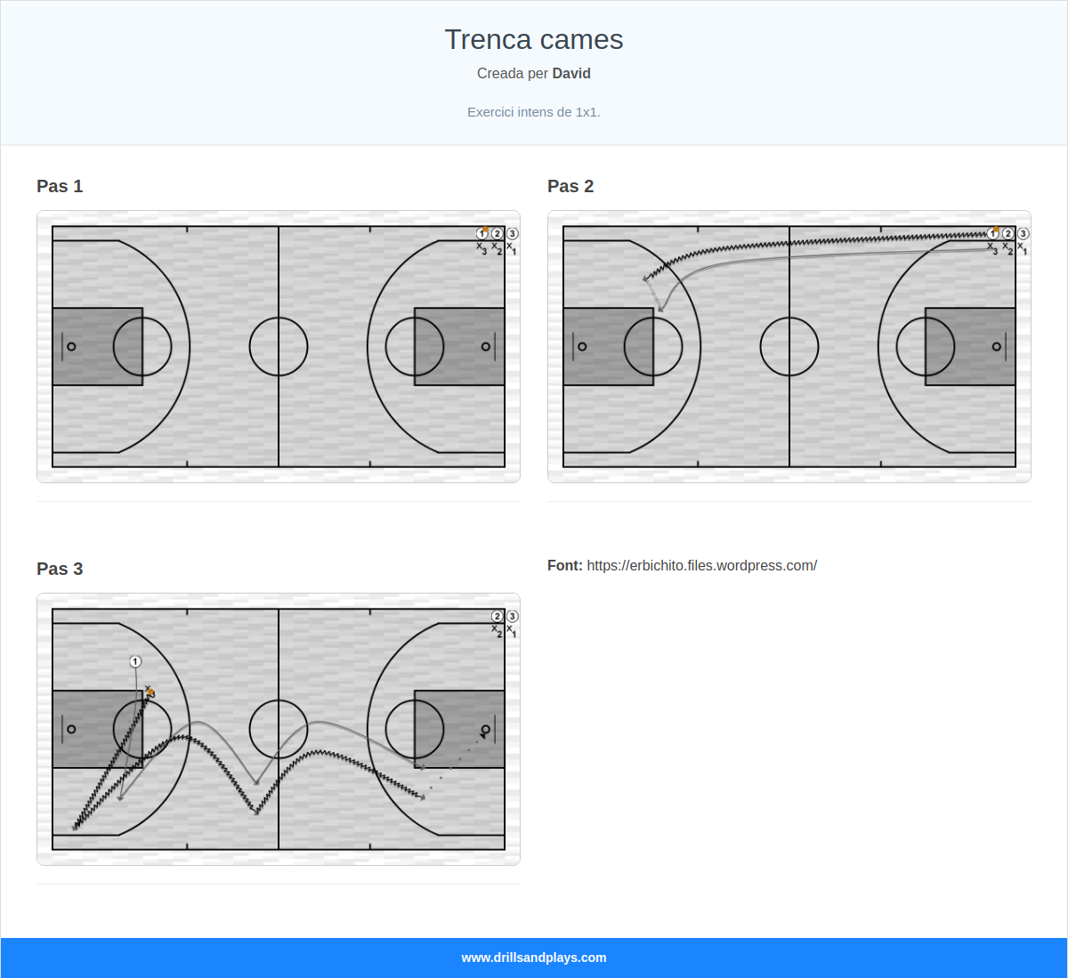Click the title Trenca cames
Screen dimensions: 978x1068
534,40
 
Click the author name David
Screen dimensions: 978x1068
571,74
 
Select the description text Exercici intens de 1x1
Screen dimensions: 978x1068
534,112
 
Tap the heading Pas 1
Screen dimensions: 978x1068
60,186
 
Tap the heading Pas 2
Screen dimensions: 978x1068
570,186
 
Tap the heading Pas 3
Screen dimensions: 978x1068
60,569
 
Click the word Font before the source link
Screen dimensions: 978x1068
564,566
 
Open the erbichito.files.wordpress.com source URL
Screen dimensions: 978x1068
701,566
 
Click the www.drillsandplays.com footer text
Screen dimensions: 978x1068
534,958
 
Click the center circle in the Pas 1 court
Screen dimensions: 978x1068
279,346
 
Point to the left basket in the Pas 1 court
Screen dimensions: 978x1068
71,346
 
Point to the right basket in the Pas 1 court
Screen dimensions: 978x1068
486,346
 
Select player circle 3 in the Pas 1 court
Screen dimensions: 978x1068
513,234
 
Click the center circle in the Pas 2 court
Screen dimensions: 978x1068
789,346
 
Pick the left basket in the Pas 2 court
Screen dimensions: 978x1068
582,346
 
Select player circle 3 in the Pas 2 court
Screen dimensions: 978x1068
1023,234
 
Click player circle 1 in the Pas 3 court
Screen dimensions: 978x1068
135,661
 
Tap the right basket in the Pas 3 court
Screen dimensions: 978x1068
486,730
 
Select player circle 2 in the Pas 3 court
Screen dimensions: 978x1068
498,617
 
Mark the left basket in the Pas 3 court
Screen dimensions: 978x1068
71,730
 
